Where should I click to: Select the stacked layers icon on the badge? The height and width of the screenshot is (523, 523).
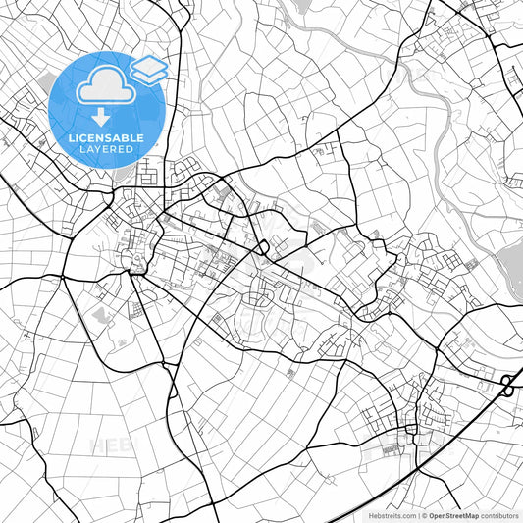(x=149, y=69)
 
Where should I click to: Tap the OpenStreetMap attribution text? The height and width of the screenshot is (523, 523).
(x=453, y=515)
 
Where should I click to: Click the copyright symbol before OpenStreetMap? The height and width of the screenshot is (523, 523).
(x=422, y=515)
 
